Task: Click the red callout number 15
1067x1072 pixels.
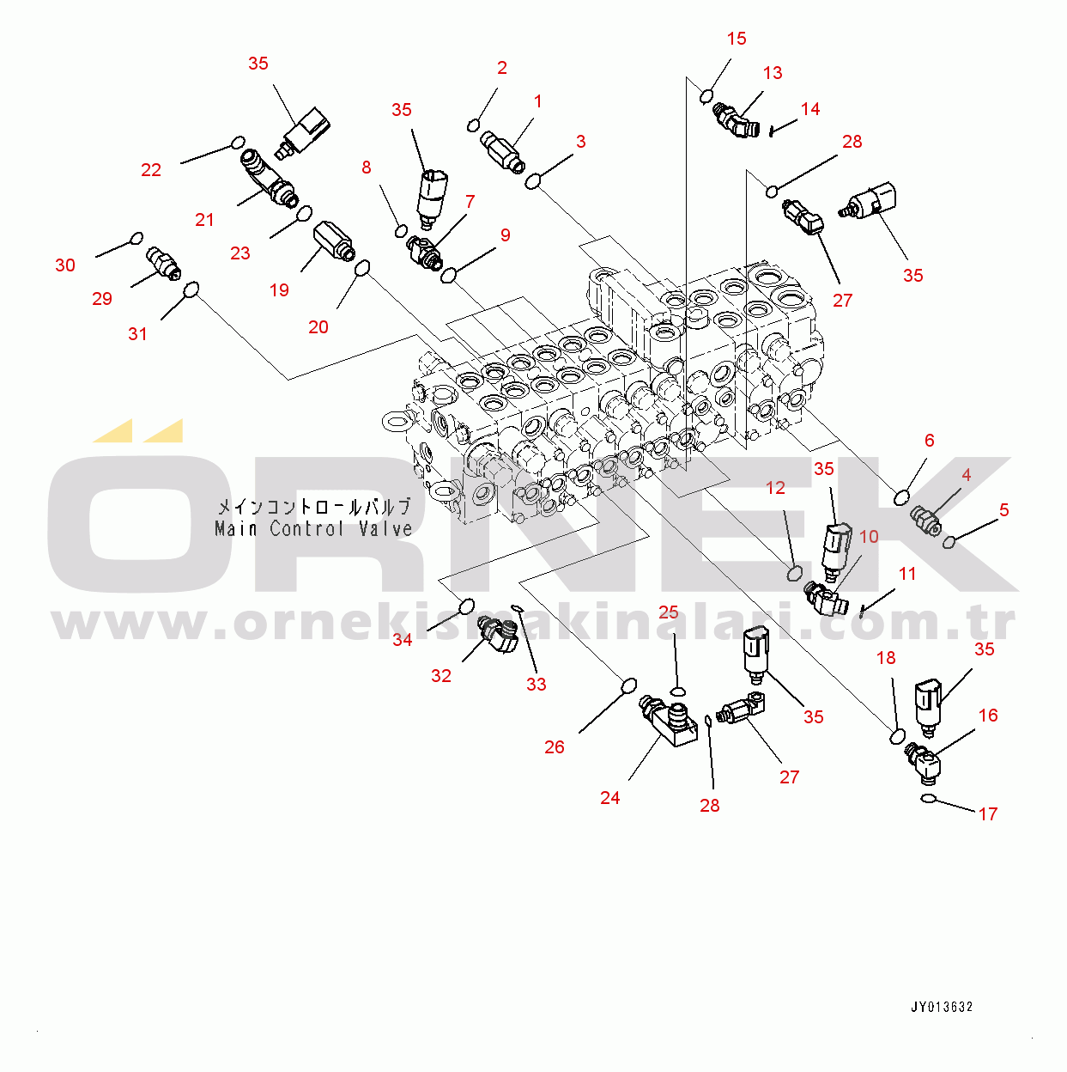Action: [x=737, y=39]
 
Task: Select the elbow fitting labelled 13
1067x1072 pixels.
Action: [x=735, y=119]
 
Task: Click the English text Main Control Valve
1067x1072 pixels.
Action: [x=313, y=528]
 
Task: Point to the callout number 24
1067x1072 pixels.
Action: [x=610, y=798]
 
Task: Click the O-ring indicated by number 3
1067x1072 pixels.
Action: [x=532, y=181]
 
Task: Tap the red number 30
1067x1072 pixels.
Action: [x=65, y=265]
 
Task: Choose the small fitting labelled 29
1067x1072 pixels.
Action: [x=163, y=264]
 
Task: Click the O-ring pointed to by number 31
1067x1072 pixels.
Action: [x=191, y=289]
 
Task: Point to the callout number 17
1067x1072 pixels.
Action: [x=987, y=813]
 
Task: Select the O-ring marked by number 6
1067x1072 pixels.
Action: [x=901, y=497]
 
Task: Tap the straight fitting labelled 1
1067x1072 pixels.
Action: [x=503, y=150]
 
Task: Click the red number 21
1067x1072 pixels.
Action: [x=204, y=220]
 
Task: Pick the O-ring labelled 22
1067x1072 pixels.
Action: [x=237, y=143]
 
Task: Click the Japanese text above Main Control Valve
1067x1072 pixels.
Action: [x=314, y=507]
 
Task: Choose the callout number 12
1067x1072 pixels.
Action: [x=775, y=488]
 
